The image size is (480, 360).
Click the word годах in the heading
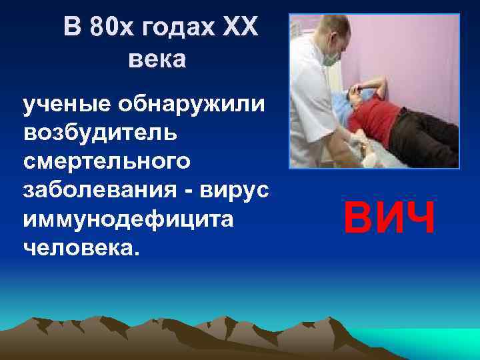pos(173,29)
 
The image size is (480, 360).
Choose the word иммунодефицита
pos(128,219)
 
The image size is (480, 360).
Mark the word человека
pos(79,248)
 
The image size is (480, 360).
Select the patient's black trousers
pos(427,137)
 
